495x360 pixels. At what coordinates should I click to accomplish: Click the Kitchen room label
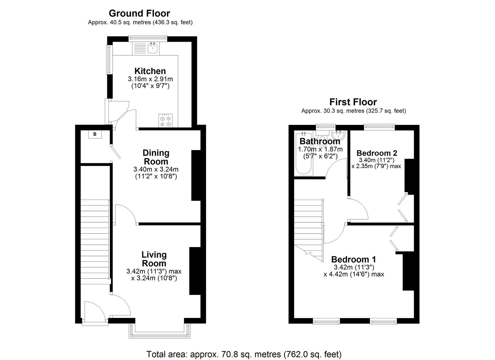pos(150,71)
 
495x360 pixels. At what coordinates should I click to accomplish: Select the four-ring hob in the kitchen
pos(166,121)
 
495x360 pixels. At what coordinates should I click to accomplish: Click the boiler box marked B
pos(95,134)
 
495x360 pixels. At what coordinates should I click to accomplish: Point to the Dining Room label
pos(156,157)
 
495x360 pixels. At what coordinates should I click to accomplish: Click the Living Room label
pos(154,259)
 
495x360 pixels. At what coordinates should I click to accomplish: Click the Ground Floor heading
pos(139,13)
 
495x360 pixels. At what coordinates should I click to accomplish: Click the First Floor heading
pos(353,102)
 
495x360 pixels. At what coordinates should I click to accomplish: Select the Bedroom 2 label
pos(377,153)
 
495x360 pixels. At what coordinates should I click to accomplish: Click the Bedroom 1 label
pos(353,259)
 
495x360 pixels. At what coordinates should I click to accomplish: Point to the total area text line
pos(244,354)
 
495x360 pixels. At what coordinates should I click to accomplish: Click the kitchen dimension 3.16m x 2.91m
pos(150,79)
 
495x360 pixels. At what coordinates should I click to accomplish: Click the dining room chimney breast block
pos(196,176)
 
